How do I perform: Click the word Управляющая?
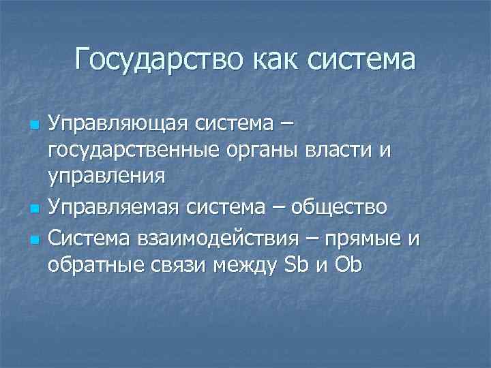[119, 126]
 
